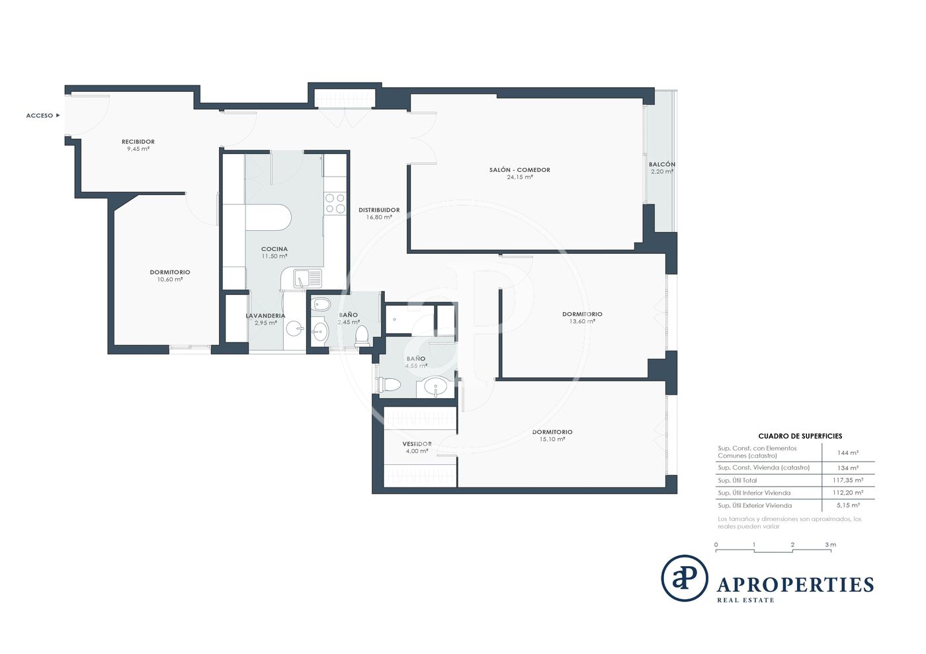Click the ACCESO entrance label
pyautogui.click(x=40, y=116)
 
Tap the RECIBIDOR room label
pyautogui.click(x=138, y=142)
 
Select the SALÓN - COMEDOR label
pyautogui.click(x=520, y=170)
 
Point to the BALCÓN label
pyautogui.click(x=662, y=164)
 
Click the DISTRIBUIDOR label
pyautogui.click(x=379, y=210)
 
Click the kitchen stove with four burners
pyautogui.click(x=335, y=204)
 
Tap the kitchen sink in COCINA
pyautogui.click(x=308, y=278)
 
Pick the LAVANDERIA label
pyautogui.click(x=265, y=316)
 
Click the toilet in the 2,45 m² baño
pyautogui.click(x=362, y=336)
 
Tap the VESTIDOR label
pyautogui.click(x=417, y=444)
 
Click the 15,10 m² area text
pyautogui.click(x=552, y=440)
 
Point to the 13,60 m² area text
pyautogui.click(x=583, y=321)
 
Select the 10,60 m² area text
pyautogui.click(x=170, y=280)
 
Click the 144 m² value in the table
pyautogui.click(x=848, y=453)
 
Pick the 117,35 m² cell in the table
pyautogui.click(x=848, y=480)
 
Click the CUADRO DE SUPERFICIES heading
pyautogui.click(x=800, y=436)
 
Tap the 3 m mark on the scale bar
pyautogui.click(x=831, y=545)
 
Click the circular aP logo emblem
pyautogui.click(x=685, y=579)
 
